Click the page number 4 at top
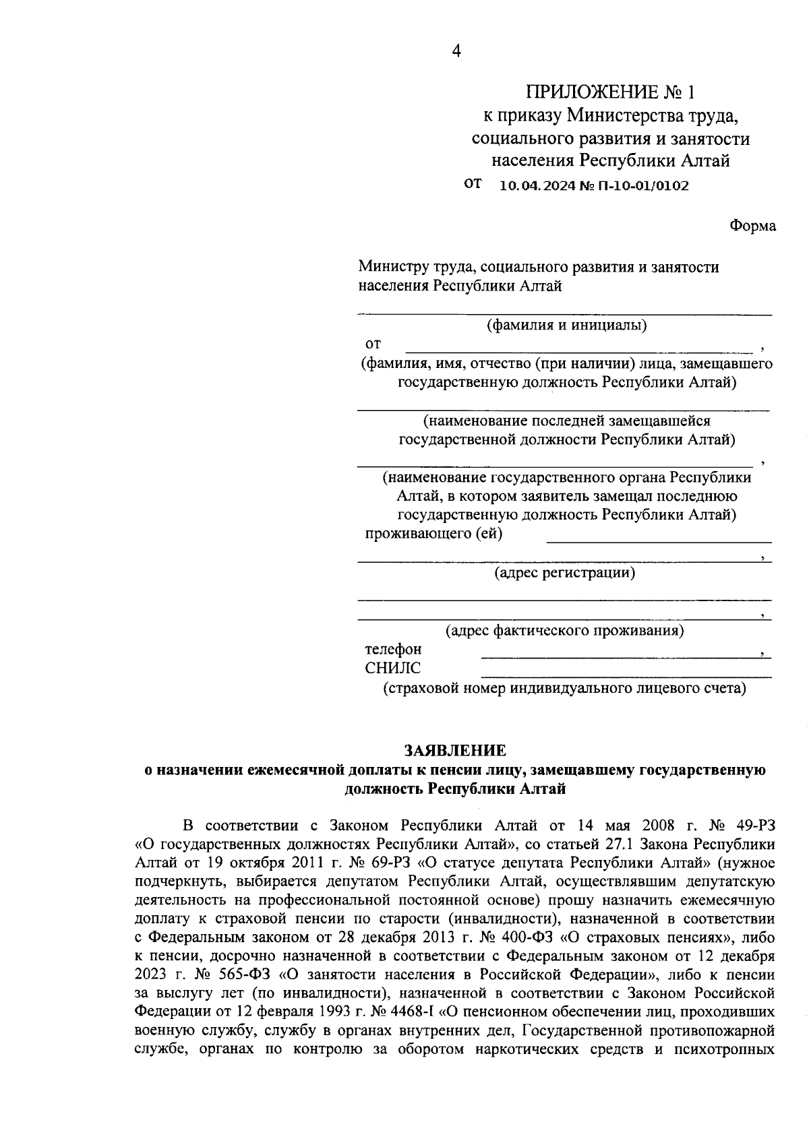[x=456, y=52]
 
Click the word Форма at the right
[x=752, y=226]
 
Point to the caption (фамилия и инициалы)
[x=566, y=326]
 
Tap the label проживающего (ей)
[x=433, y=534]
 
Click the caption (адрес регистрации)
[x=564, y=573]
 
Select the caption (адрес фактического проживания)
[x=564, y=631]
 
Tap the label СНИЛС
[x=392, y=669]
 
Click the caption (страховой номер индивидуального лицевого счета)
[x=564, y=689]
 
